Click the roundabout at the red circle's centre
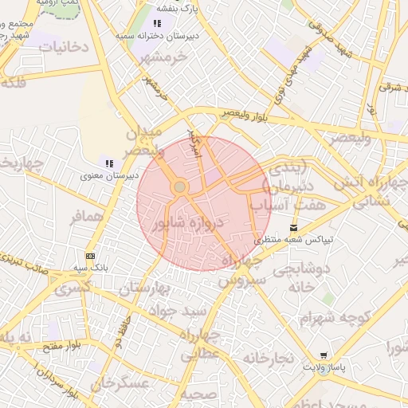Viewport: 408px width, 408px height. pos(180,186)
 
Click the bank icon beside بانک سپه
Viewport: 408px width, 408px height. pos(90,256)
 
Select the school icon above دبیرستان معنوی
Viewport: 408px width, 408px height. pos(108,163)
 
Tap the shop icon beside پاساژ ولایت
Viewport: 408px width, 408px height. pos(324,355)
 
